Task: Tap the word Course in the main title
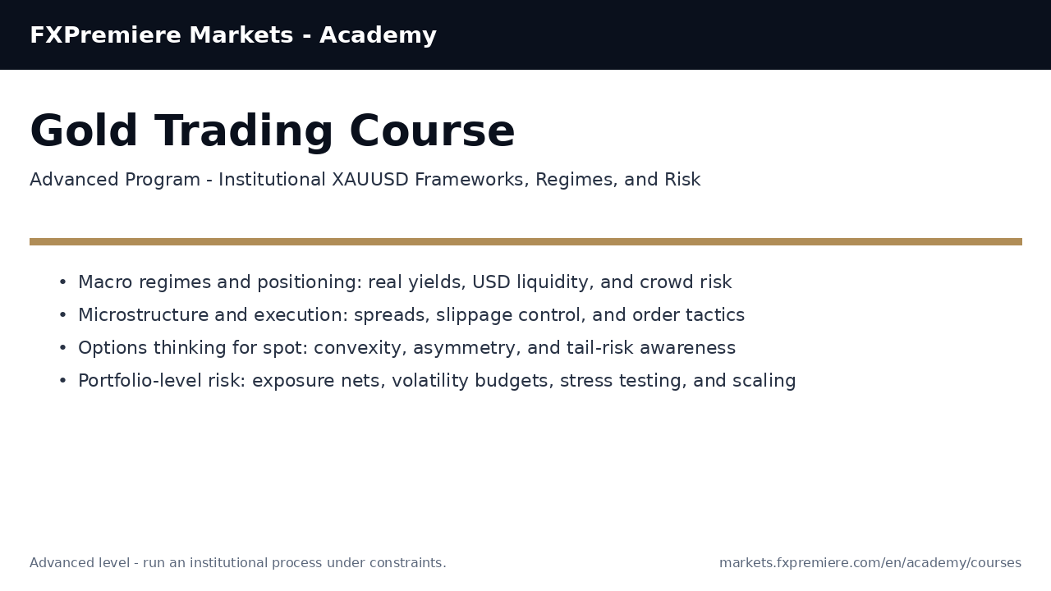432,132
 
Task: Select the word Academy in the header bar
378,36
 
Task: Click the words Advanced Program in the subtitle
115,180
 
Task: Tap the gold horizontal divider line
525,242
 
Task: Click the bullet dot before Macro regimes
62,282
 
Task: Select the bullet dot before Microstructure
62,315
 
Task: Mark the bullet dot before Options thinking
62,348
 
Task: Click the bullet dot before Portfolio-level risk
62,381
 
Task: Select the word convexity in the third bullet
353,348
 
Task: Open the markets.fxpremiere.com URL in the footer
870,563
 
